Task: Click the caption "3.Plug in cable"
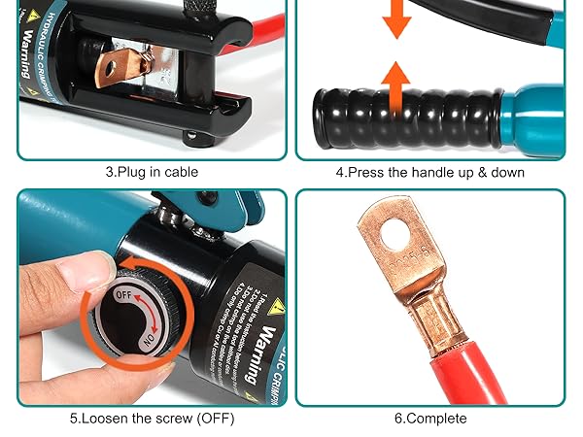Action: tap(152, 172)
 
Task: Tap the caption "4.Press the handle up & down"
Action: tap(430, 172)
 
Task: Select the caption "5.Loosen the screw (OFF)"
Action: tap(152, 419)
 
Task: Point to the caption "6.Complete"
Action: tap(430, 419)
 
